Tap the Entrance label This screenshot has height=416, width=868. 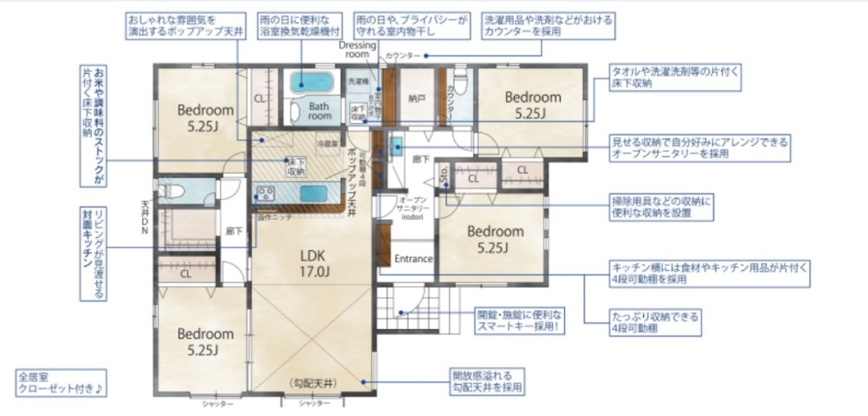[413, 259]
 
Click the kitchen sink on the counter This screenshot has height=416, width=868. [312, 193]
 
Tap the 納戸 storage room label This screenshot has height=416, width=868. [418, 99]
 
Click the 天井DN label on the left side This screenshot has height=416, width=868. [145, 221]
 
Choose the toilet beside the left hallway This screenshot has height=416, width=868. [170, 192]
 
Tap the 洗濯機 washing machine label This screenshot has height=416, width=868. [358, 81]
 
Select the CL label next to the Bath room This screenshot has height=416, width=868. [260, 98]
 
